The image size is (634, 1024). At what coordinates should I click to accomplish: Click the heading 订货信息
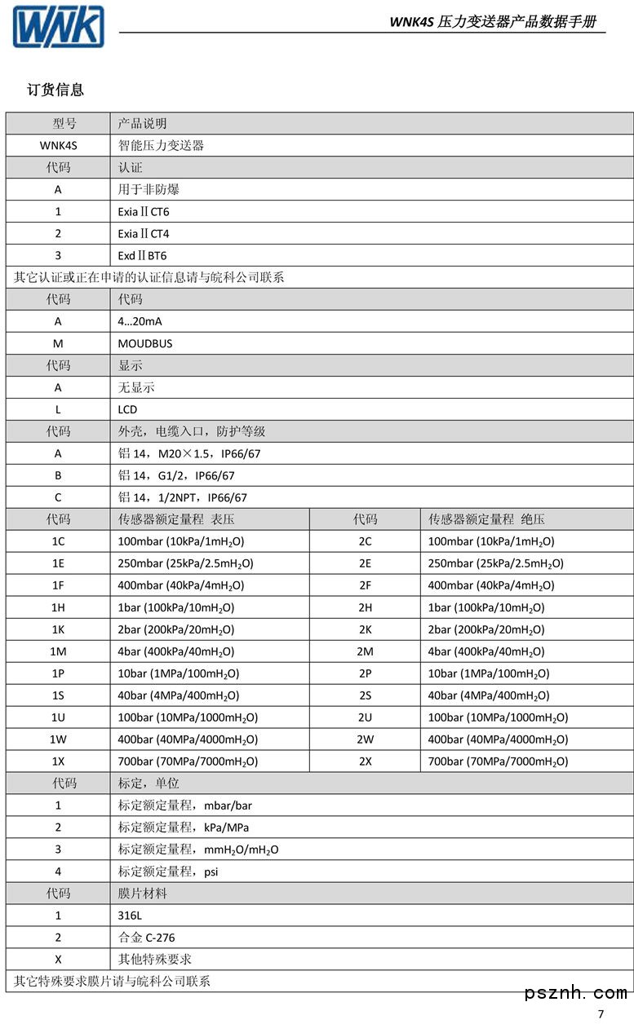55,90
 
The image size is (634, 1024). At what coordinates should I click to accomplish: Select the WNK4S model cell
58,146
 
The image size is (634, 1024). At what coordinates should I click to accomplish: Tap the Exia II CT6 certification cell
144,212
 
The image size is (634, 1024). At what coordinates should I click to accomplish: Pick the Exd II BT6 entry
142,256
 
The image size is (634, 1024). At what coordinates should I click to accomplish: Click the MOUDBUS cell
145,344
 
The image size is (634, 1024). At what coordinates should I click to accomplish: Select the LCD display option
127,410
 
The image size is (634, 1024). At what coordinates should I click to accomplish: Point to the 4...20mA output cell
140,322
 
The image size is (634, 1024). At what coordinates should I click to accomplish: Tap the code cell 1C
58,542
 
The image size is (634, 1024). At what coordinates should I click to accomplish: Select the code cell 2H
365,608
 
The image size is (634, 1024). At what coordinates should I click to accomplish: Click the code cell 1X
58,762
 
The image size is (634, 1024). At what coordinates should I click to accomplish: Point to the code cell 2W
365,740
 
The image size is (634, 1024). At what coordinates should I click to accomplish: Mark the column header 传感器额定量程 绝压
486,520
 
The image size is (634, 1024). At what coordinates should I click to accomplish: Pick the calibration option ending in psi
168,872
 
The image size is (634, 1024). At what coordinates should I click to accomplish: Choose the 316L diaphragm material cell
130,916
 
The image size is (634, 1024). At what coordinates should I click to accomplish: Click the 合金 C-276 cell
146,938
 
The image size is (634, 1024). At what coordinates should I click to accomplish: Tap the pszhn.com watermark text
576,993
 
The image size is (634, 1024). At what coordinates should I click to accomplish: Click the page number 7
601,1015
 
